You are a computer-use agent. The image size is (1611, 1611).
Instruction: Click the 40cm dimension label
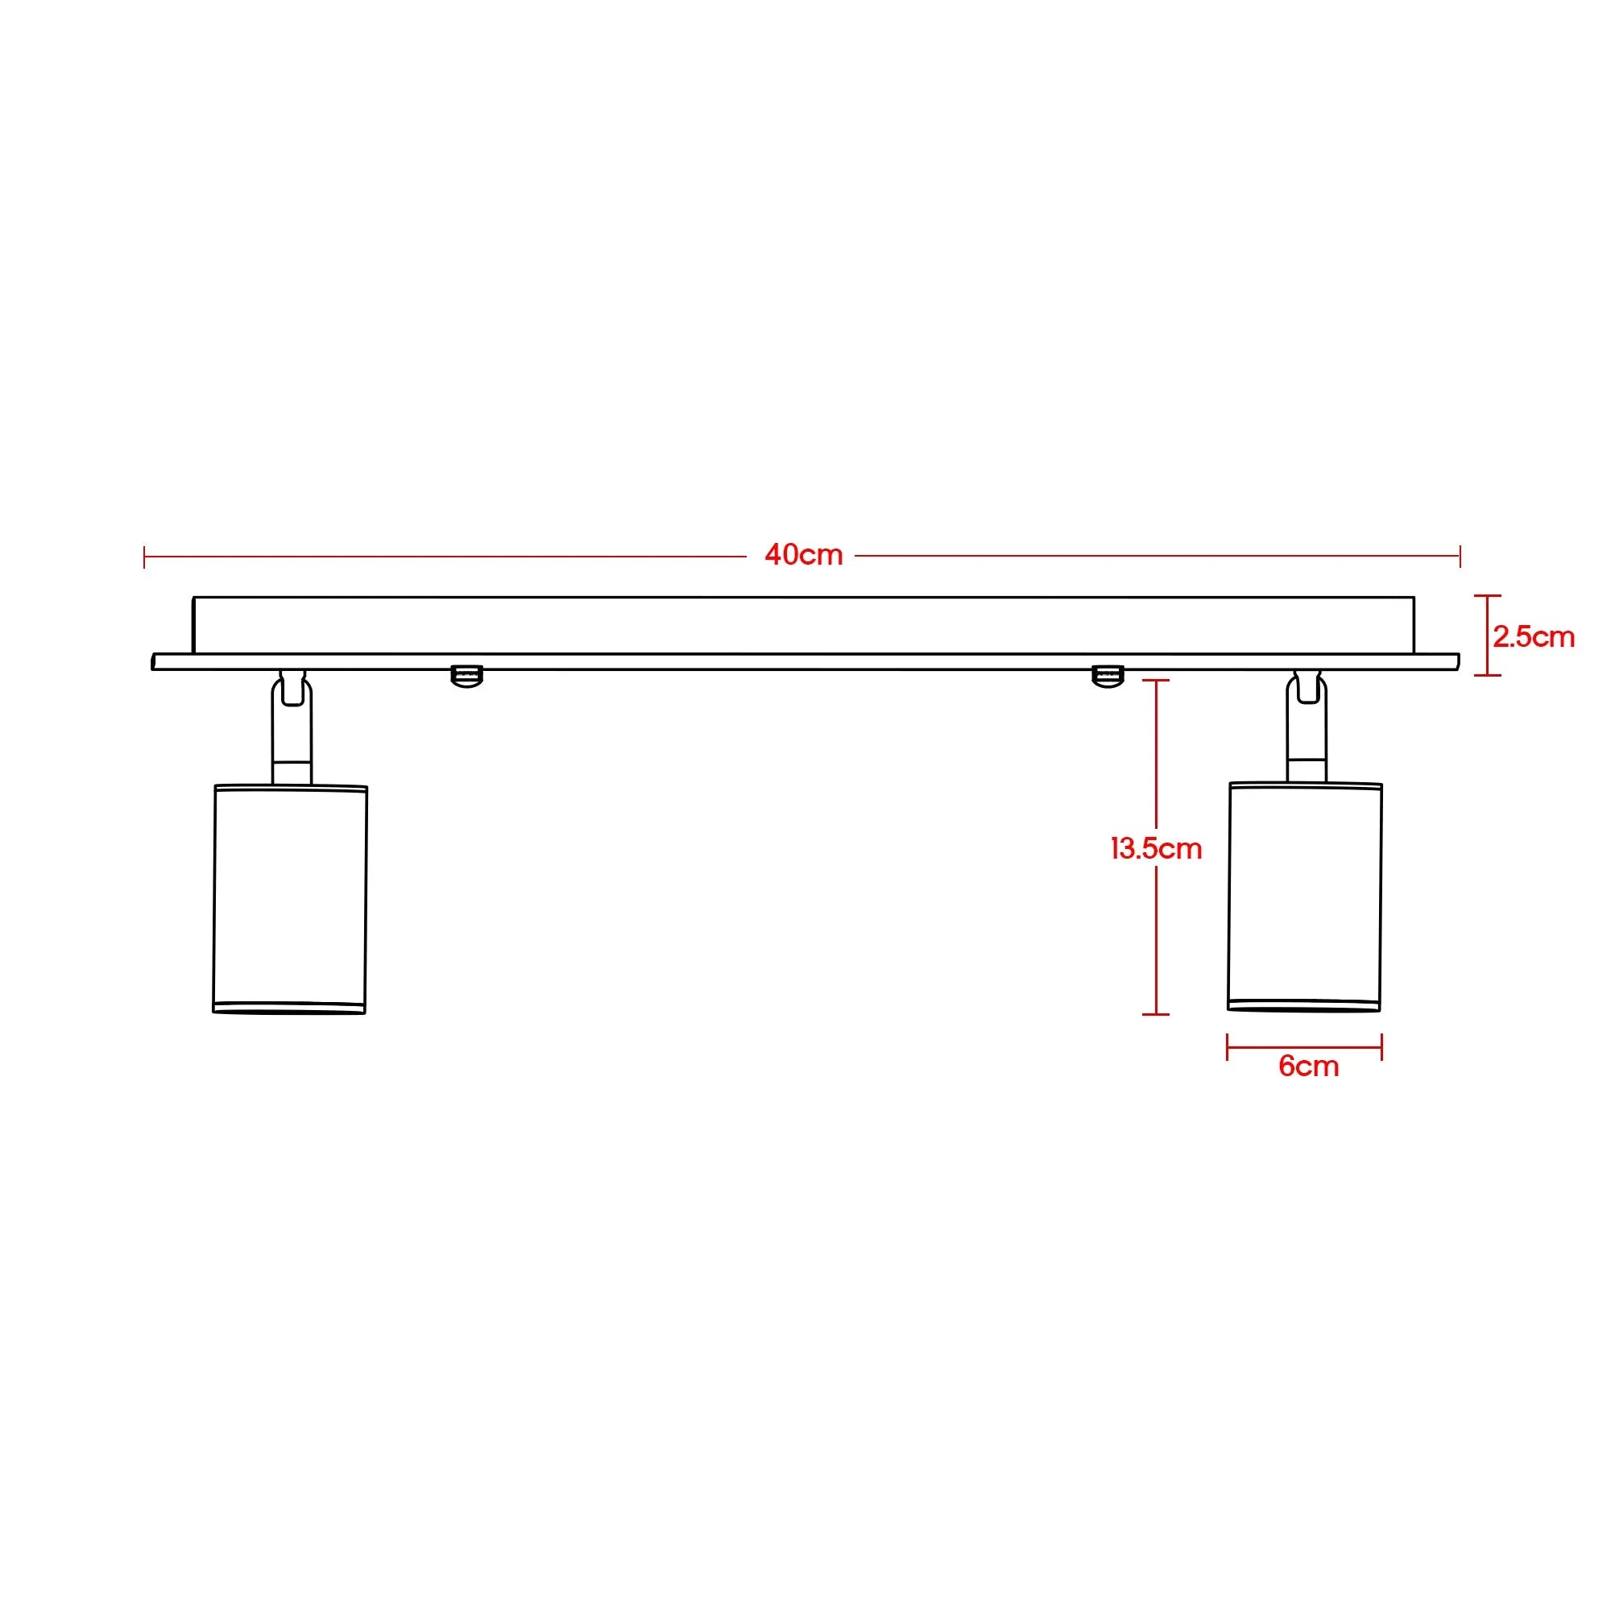tap(803, 554)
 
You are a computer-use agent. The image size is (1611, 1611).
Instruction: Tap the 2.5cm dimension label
tap(1533, 637)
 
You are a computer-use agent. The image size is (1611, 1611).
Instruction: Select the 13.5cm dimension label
tap(1156, 849)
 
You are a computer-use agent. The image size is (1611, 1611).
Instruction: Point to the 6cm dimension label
tap(1307, 1066)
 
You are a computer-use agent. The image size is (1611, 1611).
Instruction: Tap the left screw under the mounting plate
tap(467, 676)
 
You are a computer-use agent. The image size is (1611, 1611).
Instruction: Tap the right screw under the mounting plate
tap(1108, 676)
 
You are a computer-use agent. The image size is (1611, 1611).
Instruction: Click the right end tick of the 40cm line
tap(1460, 556)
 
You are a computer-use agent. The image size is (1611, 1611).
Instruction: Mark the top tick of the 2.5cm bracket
tap(1487, 596)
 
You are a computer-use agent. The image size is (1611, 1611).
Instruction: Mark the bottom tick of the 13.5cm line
tap(1155, 1014)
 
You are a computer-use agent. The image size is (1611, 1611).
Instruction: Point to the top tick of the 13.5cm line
tap(1155, 681)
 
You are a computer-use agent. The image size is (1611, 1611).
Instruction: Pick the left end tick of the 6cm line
tap(1228, 1047)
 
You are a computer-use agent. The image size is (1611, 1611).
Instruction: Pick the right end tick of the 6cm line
tap(1381, 1047)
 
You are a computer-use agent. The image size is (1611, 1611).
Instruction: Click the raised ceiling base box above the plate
tap(803, 625)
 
